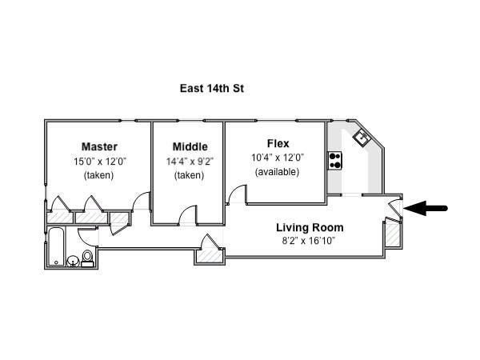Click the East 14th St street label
click(x=212, y=89)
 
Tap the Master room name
click(x=99, y=146)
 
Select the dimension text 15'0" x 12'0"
click(x=100, y=162)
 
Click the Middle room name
click(x=190, y=146)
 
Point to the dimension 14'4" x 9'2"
click(x=190, y=162)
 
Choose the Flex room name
click(x=278, y=143)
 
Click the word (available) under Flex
click(x=277, y=172)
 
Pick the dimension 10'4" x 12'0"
click(x=278, y=158)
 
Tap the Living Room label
click(x=310, y=227)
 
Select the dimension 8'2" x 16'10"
click(x=309, y=241)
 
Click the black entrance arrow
click(x=426, y=208)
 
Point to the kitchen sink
click(x=362, y=138)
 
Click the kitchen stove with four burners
click(x=335, y=161)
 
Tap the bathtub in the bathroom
click(x=56, y=246)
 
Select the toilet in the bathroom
click(x=87, y=259)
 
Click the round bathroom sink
click(x=73, y=262)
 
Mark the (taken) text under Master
click(x=99, y=175)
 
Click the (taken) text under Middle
click(x=189, y=175)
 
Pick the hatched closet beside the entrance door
click(x=392, y=234)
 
